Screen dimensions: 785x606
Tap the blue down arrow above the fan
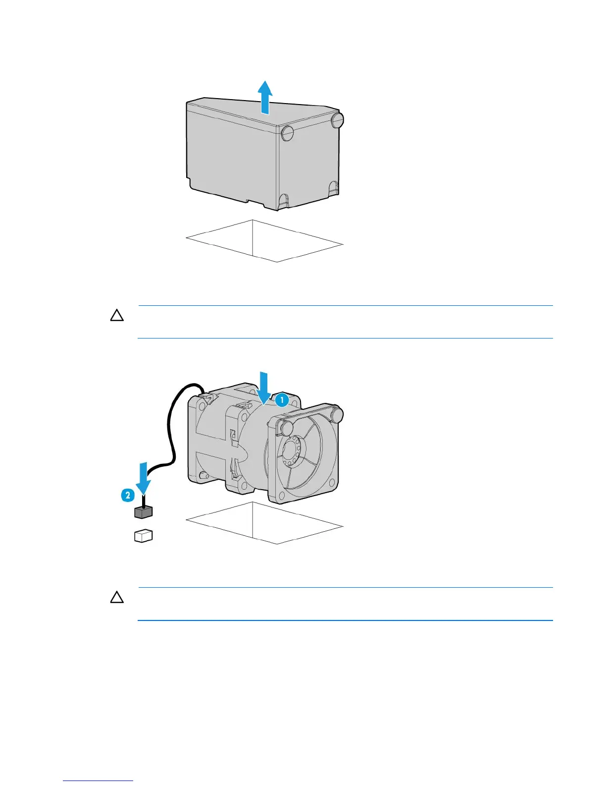click(x=263, y=386)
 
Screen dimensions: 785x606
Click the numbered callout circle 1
click(x=282, y=399)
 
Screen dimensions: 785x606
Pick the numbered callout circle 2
click(x=127, y=495)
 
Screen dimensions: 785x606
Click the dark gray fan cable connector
click(x=143, y=512)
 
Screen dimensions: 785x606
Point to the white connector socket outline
click(x=143, y=536)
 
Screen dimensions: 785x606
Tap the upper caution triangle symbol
click(x=117, y=316)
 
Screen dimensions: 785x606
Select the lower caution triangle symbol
click(x=117, y=598)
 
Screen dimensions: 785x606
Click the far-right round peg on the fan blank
click(x=338, y=120)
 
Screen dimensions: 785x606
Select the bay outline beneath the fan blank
click(x=264, y=241)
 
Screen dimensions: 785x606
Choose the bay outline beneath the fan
click(x=264, y=523)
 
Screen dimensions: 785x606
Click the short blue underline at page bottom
click(x=98, y=781)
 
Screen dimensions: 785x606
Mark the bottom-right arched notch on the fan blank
click(x=334, y=189)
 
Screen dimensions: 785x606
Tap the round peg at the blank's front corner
click(x=287, y=132)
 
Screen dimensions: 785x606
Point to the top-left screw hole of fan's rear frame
click(x=202, y=404)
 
